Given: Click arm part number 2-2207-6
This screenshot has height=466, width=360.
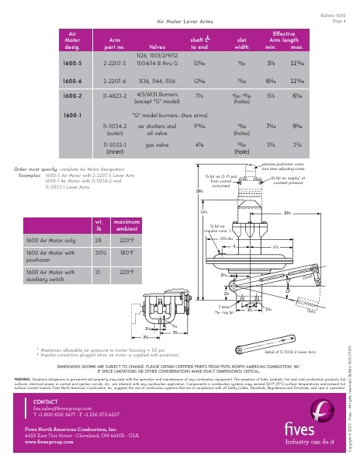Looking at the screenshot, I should pyautogui.click(x=115, y=80).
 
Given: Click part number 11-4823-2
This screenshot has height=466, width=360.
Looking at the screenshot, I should pyautogui.click(x=115, y=96).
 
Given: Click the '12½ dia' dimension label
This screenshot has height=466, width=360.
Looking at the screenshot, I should pyautogui.click(x=227, y=238).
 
